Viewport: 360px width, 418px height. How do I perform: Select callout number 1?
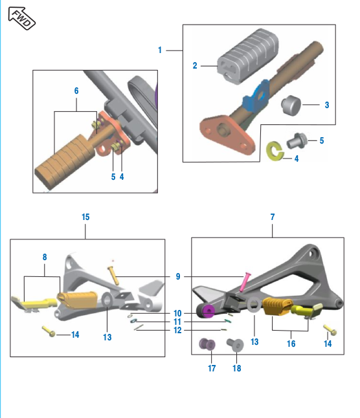[160, 49]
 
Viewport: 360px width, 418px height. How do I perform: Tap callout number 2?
[194, 65]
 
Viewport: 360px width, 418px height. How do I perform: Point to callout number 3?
[326, 104]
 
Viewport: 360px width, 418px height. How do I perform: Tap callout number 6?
[76, 91]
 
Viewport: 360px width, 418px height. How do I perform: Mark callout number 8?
[44, 257]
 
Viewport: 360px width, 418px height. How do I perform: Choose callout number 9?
[177, 276]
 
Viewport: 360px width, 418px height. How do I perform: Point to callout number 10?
[177, 313]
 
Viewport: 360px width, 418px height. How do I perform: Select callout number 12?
[177, 330]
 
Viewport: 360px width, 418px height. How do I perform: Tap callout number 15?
[85, 217]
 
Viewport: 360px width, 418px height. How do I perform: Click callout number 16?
[291, 344]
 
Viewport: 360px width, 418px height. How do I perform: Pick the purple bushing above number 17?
[209, 345]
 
